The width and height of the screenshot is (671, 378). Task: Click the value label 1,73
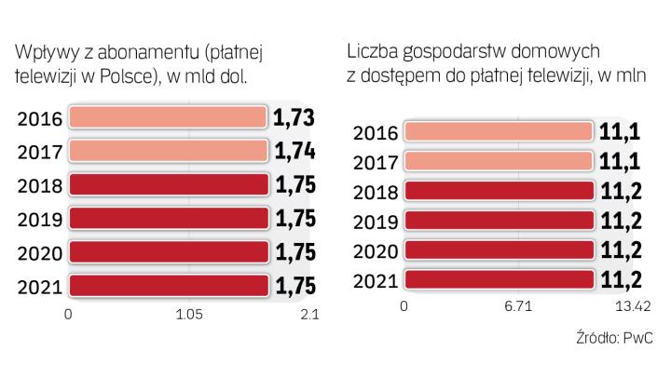pos(293,117)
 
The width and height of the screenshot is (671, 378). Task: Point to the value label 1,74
pos(293,151)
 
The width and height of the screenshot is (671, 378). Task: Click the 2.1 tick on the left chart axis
pos(309,316)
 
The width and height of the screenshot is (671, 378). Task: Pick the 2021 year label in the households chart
pos(378,280)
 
